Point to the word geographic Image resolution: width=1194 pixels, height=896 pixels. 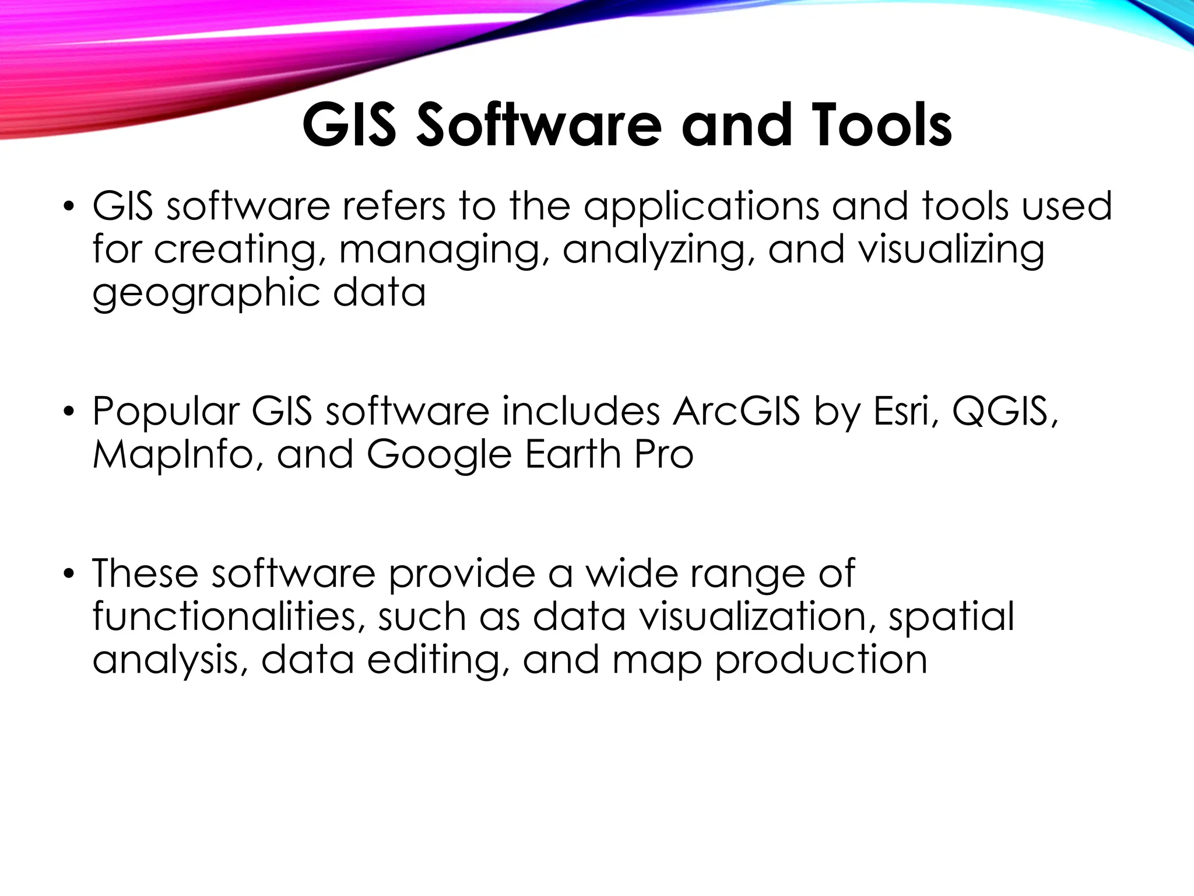(206, 293)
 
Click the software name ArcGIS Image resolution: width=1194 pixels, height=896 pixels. (736, 411)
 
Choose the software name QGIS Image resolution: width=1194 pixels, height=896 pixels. (1004, 411)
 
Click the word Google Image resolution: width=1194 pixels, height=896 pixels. (439, 456)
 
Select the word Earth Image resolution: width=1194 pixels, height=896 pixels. (573, 454)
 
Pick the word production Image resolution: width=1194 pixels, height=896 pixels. (821, 661)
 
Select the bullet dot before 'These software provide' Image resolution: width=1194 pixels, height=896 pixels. (69, 574)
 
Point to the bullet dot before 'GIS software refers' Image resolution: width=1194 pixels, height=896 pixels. (69, 207)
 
